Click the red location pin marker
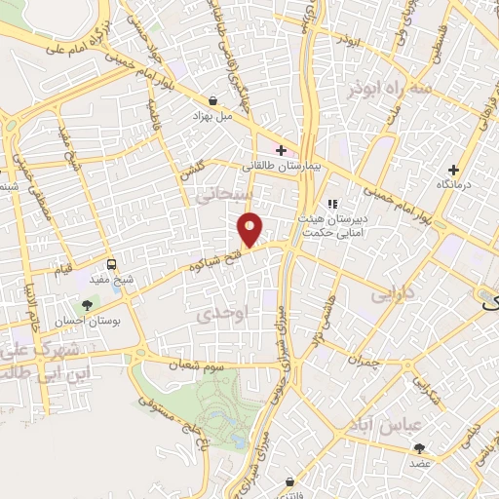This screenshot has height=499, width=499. pos(250,229)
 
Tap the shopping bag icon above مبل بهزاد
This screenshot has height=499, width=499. pos(212,99)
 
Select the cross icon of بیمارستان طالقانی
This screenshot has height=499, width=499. pos(281,150)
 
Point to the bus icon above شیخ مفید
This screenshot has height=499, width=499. pos(111,264)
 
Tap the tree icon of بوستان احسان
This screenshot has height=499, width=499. pos(88,305)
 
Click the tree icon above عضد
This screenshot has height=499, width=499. pos(420,448)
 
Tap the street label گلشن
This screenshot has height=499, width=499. pos(200,173)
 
